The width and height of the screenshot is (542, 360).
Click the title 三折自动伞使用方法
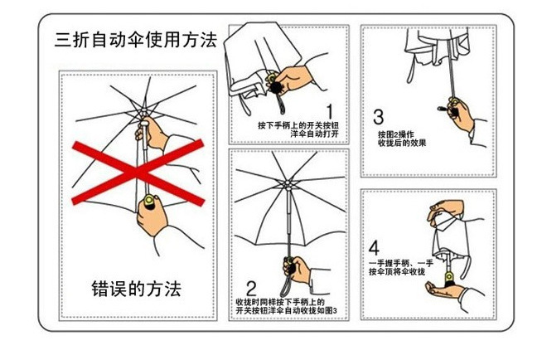tap(135, 40)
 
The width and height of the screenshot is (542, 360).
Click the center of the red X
tap(138, 172)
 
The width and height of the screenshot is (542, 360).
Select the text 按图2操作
tap(396, 133)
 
